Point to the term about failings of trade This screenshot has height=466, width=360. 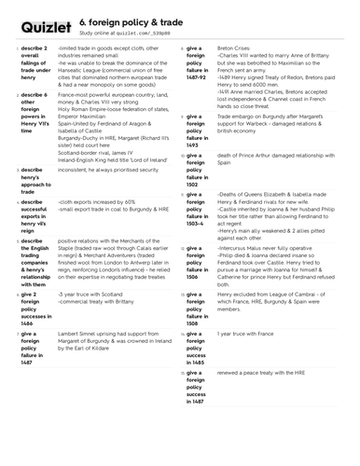tap(35, 66)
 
